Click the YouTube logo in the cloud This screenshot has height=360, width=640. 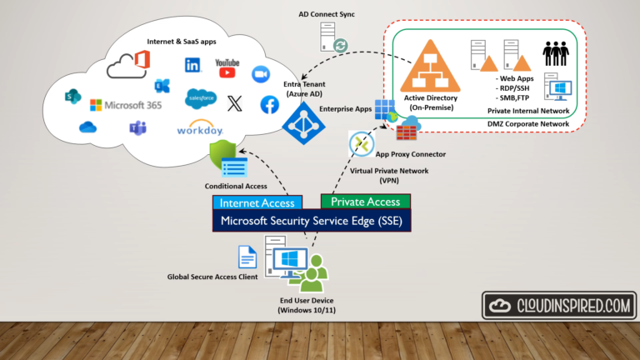click(x=227, y=68)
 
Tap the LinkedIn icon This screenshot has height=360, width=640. click(x=193, y=65)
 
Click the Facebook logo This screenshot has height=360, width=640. click(x=269, y=104)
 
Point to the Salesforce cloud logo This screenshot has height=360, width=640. click(x=202, y=99)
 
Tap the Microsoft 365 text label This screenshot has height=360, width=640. click(x=126, y=105)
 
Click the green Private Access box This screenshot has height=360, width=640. click(x=365, y=201)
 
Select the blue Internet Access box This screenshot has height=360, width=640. click(x=256, y=202)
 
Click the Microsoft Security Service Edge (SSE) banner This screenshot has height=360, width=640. click(x=319, y=220)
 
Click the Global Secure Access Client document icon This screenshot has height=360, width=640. click(x=247, y=257)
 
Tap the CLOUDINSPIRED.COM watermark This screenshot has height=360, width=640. click(x=559, y=306)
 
